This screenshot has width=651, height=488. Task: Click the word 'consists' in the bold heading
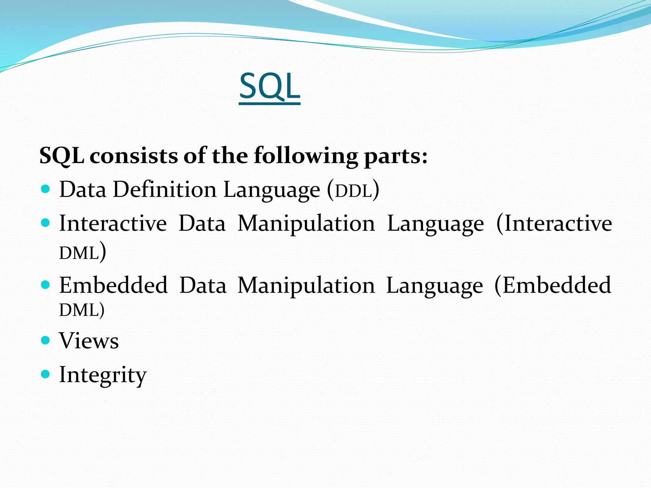pyautogui.click(x=134, y=156)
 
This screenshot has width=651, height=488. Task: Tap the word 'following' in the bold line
pyautogui.click(x=305, y=156)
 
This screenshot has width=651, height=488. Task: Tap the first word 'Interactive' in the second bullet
pyautogui.click(x=113, y=223)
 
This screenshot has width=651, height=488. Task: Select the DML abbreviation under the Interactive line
pyautogui.click(x=79, y=254)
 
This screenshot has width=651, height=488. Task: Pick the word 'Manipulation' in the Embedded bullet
pyautogui.click(x=306, y=286)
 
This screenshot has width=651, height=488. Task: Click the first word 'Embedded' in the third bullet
pyautogui.click(x=113, y=285)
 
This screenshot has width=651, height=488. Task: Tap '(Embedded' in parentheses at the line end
pyautogui.click(x=552, y=285)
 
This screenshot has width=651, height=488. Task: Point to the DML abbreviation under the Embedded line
pyautogui.click(x=79, y=310)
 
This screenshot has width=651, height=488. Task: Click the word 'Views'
pyautogui.click(x=89, y=341)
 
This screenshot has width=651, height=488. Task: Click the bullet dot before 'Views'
pyautogui.click(x=46, y=341)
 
